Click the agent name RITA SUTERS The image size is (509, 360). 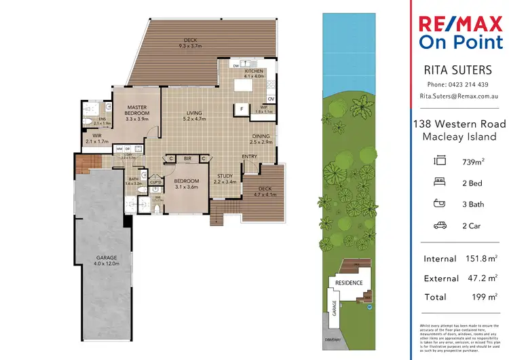(x=457, y=69)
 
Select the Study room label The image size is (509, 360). (x=225, y=176)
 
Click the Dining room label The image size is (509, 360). (x=260, y=136)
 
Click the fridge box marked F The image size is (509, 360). (x=240, y=108)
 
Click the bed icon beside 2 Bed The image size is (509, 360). (x=440, y=183)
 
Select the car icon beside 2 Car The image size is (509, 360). (x=440, y=226)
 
